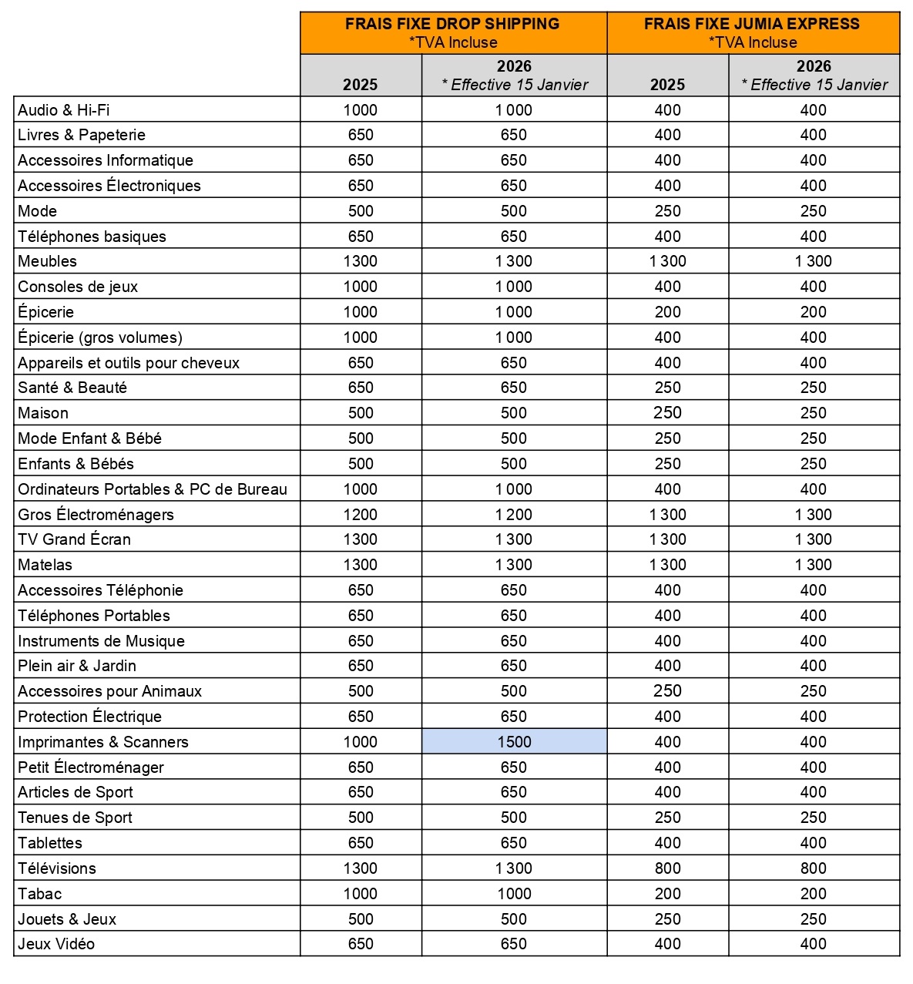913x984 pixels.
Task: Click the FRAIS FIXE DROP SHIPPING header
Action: pos(452,24)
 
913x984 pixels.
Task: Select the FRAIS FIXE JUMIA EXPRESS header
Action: pos(752,24)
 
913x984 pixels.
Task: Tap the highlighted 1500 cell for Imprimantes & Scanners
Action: pos(514,742)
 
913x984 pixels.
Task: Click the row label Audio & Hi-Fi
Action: pos(64,110)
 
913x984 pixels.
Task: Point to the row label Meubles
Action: pos(48,261)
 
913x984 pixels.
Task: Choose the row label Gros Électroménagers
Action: pos(96,515)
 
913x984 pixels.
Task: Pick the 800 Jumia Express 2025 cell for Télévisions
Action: pos(667,868)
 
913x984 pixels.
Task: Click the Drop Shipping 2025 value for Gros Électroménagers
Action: pos(361,515)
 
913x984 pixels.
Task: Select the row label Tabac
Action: pos(40,894)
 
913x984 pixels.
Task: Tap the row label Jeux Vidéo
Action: pos(56,944)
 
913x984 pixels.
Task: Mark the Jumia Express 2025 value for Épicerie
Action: pos(667,312)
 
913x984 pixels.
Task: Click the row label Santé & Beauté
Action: pos(72,388)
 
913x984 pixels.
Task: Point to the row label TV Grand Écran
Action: pos(74,539)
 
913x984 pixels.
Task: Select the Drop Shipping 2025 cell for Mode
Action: pos(361,211)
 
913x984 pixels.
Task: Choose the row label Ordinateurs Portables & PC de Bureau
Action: pos(153,489)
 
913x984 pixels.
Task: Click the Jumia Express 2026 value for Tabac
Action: pos(813,894)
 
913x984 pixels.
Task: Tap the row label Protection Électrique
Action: pos(89,717)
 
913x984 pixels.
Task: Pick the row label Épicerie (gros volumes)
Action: pos(100,338)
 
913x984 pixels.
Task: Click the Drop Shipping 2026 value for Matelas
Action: pos(514,565)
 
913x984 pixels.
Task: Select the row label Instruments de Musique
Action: pos(101,641)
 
